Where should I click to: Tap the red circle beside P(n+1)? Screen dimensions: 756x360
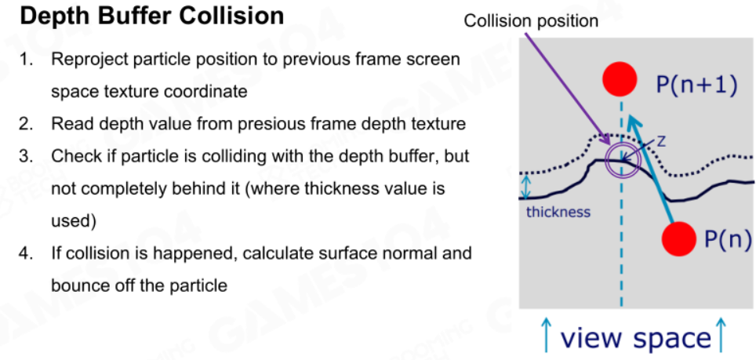tap(620, 79)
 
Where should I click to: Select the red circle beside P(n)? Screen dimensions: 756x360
tap(679, 238)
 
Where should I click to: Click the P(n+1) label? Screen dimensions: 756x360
tap(696, 85)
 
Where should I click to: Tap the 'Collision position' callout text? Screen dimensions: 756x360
tap(531, 20)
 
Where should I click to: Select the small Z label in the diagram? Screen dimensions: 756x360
tap(661, 140)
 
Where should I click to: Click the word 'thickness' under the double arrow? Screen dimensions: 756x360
tap(558, 212)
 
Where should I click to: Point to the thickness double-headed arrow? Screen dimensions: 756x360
tap(525, 186)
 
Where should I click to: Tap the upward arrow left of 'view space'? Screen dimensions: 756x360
tap(547, 333)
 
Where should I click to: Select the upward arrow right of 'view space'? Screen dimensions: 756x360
tap(721, 333)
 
